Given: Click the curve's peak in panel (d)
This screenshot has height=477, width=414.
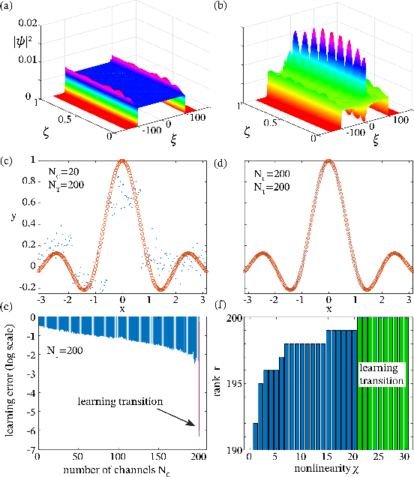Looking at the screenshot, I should click(328, 160).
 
